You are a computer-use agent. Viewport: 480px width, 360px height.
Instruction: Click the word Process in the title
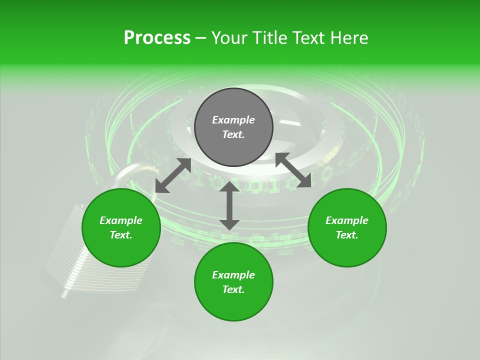(x=157, y=38)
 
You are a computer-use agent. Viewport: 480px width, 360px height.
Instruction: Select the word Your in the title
(x=229, y=38)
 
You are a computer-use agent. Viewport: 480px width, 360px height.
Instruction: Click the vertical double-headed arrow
(x=229, y=205)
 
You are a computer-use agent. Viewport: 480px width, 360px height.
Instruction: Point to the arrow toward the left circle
(x=173, y=175)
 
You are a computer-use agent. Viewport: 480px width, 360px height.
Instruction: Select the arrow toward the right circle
(x=293, y=170)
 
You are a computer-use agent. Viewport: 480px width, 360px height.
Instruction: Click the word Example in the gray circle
(x=233, y=120)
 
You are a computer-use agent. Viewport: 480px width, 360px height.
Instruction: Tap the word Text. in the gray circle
(x=233, y=135)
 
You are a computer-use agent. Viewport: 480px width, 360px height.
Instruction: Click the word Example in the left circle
(x=121, y=220)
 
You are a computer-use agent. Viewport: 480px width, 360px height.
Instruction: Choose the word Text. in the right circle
(x=347, y=235)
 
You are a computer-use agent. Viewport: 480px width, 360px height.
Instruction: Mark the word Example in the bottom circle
(x=233, y=275)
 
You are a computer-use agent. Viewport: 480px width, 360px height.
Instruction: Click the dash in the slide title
(x=200, y=38)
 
